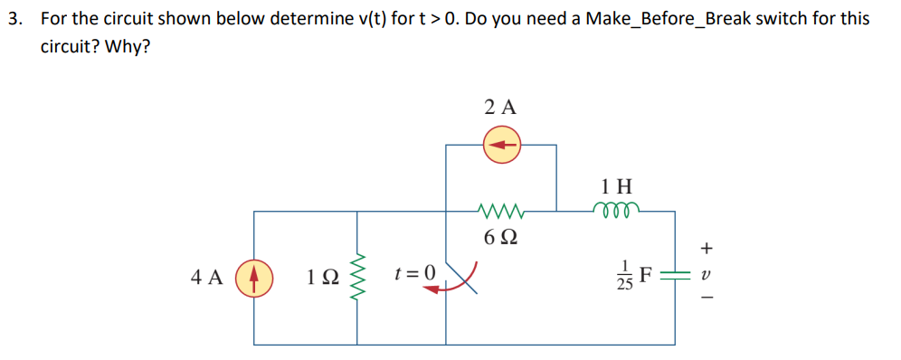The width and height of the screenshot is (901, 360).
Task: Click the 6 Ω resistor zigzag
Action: point(500,213)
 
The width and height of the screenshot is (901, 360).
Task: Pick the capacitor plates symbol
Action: point(675,274)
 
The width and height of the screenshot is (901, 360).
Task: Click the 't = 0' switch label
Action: point(415,272)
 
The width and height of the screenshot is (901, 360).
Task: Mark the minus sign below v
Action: point(707,299)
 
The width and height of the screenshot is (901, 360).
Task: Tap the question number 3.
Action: point(12,18)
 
